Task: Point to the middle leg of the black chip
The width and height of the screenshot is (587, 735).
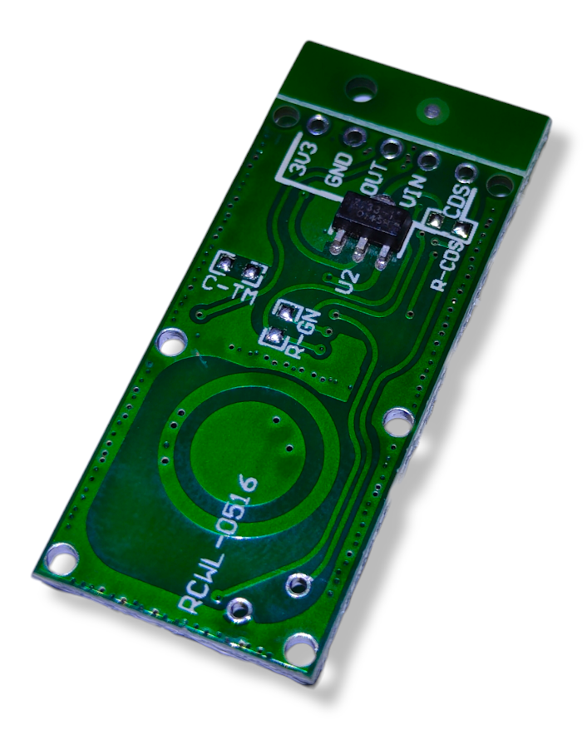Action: [x=358, y=251]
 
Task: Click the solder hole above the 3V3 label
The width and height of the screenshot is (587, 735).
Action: [x=317, y=126]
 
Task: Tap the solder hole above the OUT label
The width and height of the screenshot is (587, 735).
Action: [x=391, y=148]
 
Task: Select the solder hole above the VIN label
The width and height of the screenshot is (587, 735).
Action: [x=427, y=160]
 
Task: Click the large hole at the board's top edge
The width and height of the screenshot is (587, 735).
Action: [x=362, y=86]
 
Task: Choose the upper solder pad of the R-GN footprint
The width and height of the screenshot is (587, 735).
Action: [x=285, y=314]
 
